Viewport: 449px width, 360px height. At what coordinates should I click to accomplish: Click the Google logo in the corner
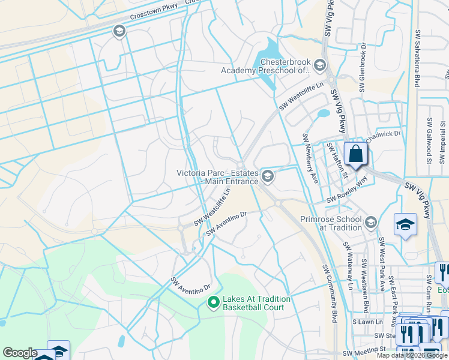click(20, 353)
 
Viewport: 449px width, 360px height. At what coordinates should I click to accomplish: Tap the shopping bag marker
click(356, 154)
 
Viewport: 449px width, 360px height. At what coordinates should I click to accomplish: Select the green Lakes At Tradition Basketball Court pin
click(212, 303)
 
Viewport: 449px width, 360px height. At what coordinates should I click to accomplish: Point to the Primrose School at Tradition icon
click(371, 223)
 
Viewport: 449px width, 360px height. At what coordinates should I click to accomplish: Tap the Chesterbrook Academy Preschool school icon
click(319, 65)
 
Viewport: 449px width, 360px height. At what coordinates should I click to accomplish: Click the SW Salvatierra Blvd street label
click(416, 59)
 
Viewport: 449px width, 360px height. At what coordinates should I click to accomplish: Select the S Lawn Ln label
click(364, 322)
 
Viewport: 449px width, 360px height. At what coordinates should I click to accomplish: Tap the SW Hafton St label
click(337, 160)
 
